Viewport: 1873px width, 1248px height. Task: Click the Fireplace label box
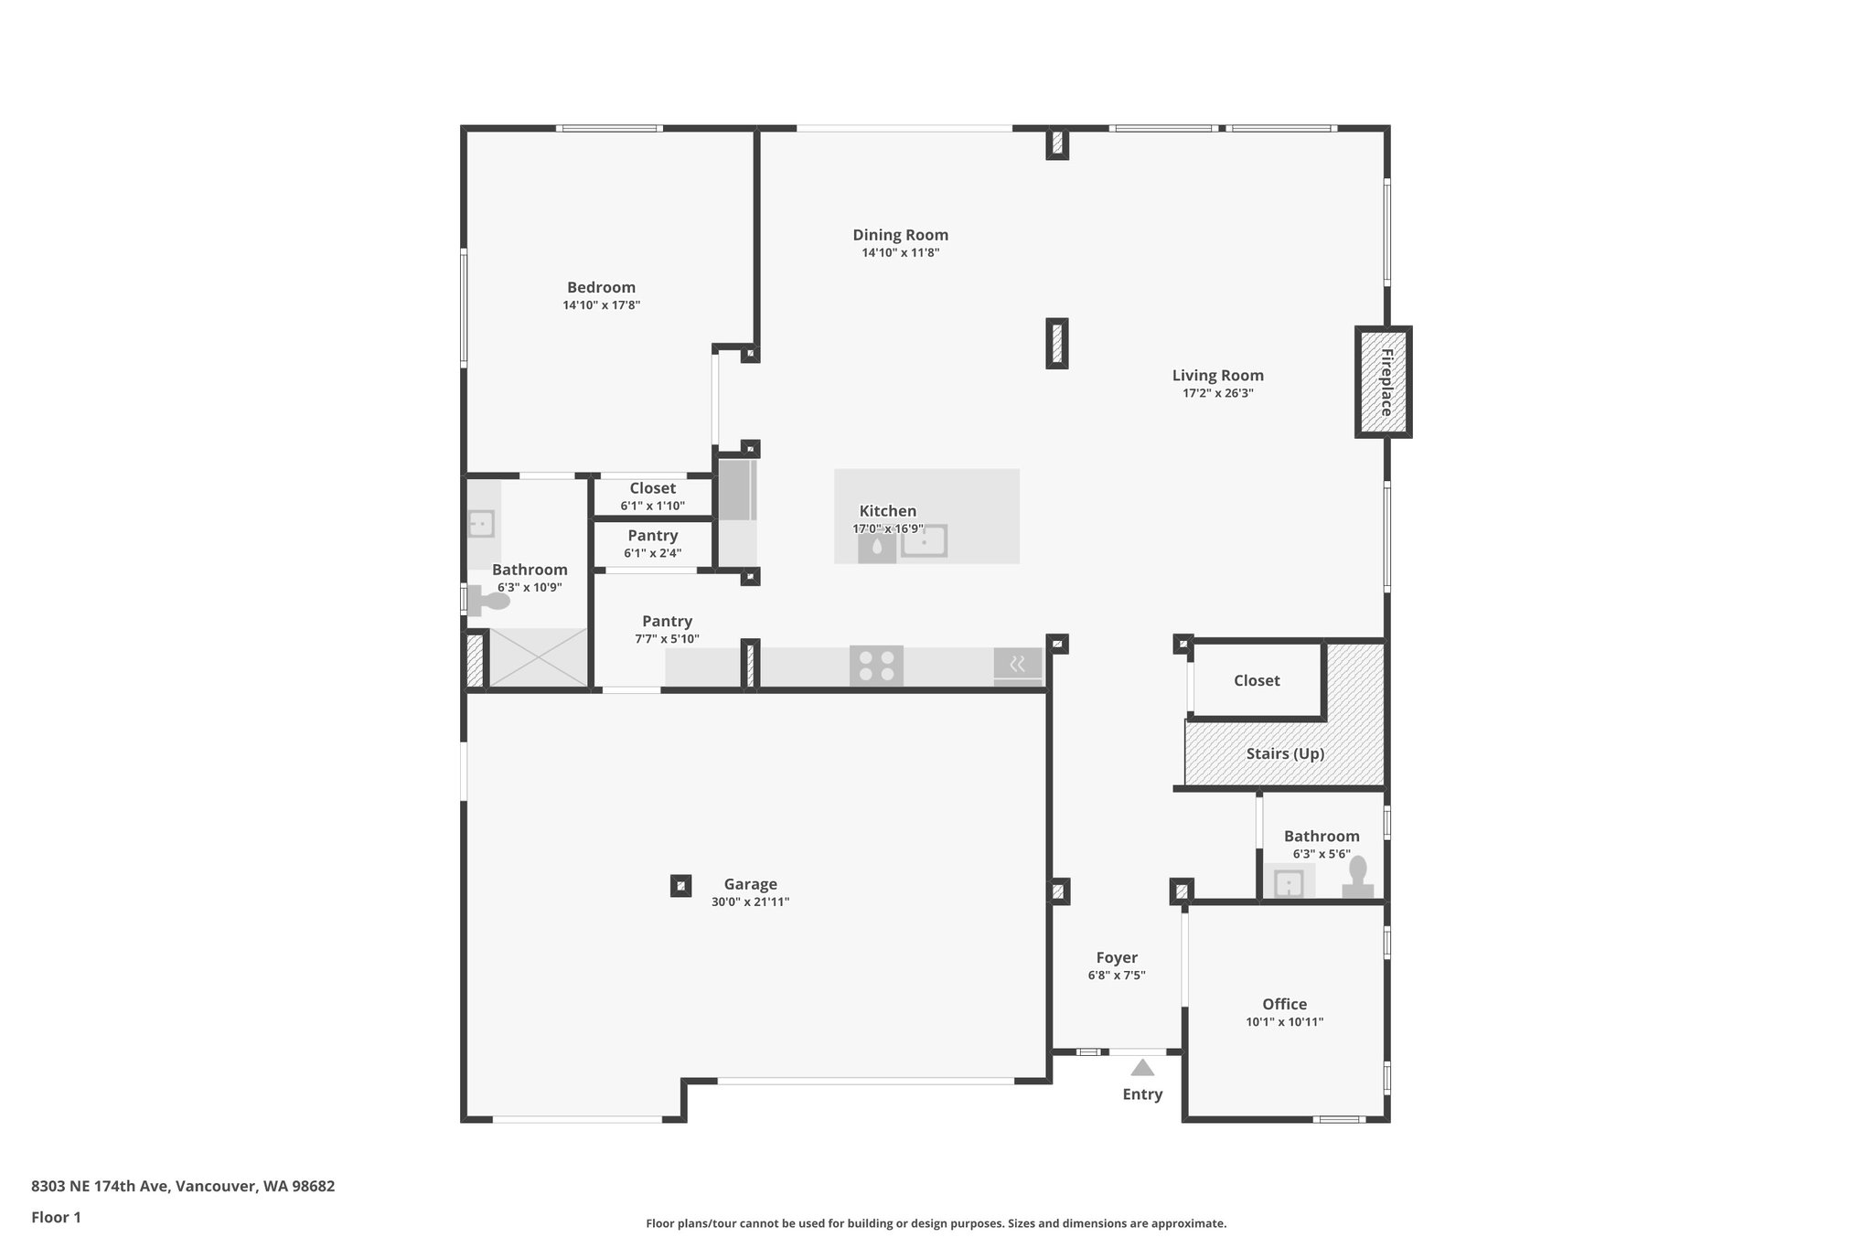1384,382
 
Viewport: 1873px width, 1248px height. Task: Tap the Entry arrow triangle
1142,1068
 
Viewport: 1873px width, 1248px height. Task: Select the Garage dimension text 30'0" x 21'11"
750,902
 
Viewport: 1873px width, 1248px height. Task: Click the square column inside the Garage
680,885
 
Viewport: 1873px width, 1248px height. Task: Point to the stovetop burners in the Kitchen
876,666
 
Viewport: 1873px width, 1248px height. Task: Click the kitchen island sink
924,541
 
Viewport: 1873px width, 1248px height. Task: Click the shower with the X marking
539,657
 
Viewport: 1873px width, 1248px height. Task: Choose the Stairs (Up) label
1285,753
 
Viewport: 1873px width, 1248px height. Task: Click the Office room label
1284,1004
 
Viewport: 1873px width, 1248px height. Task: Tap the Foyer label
1117,957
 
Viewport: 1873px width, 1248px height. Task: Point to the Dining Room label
900,235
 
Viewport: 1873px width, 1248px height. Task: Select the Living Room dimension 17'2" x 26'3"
1217,393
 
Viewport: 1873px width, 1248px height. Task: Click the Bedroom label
601,287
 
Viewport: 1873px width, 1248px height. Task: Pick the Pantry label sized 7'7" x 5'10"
667,621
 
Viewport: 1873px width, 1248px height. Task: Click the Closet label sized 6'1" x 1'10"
652,488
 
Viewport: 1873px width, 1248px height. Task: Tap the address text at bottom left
183,1186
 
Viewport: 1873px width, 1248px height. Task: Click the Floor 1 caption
56,1217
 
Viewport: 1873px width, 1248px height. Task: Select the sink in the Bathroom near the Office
1289,884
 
